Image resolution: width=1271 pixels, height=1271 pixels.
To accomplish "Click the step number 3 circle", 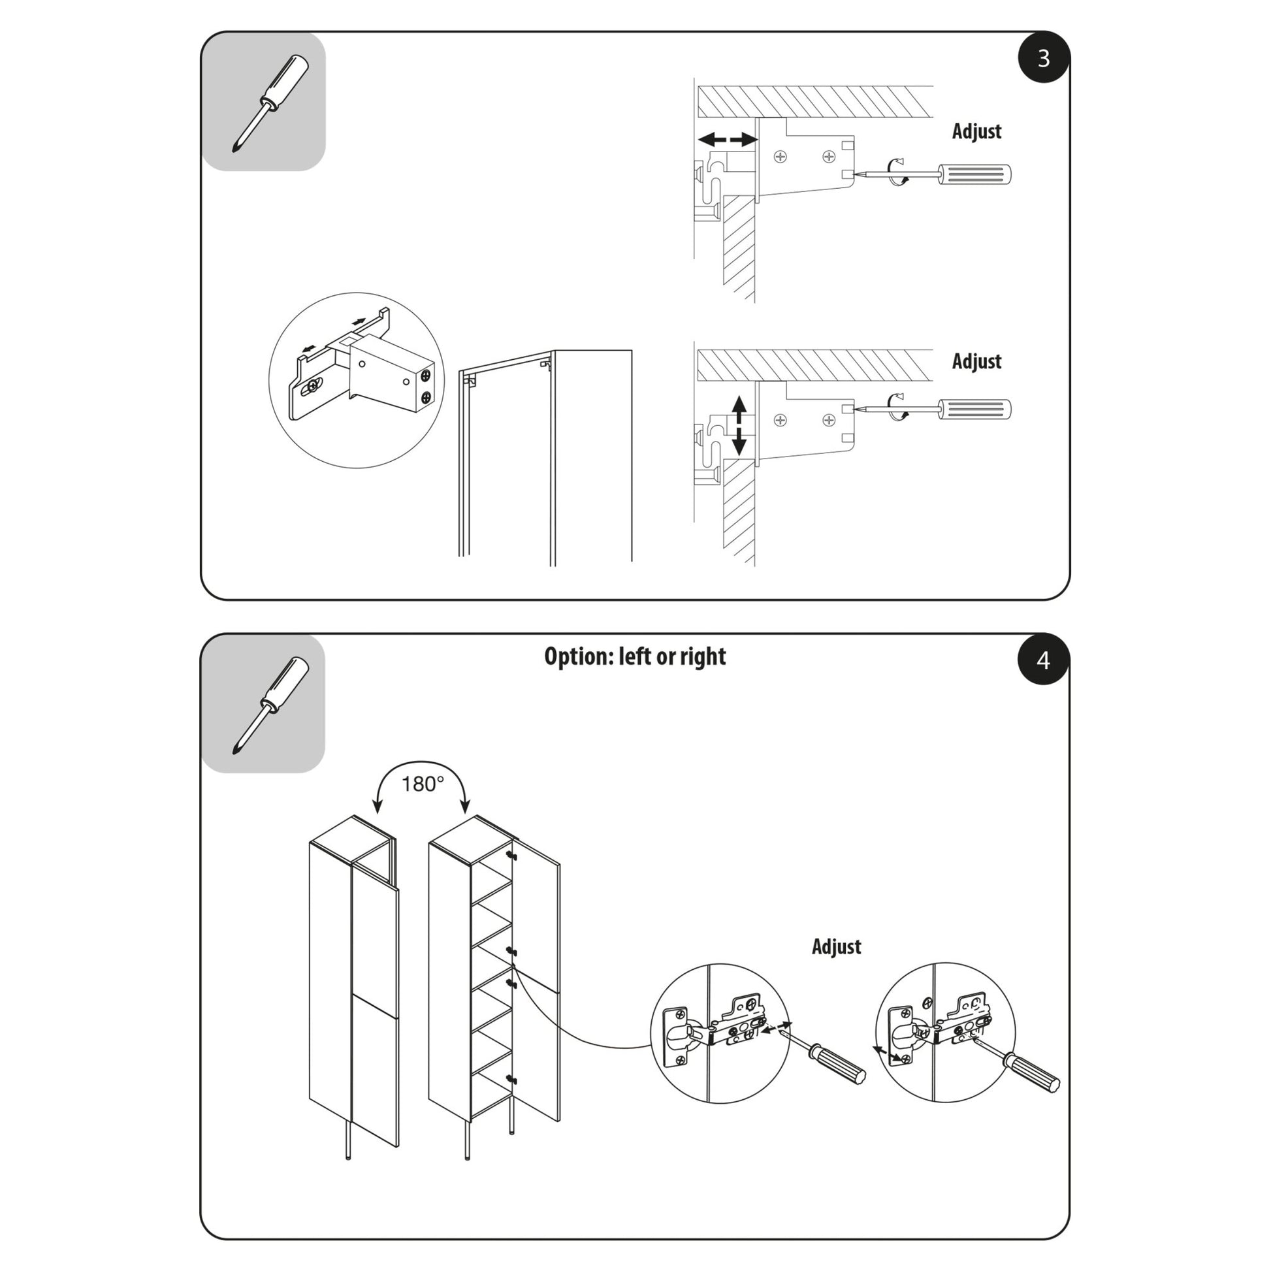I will click(1043, 59).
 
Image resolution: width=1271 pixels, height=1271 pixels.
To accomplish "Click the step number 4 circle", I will click(1043, 660).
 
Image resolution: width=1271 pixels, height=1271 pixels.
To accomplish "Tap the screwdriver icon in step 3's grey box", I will click(270, 103).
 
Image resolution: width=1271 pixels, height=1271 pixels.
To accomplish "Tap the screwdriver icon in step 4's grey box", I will click(270, 705).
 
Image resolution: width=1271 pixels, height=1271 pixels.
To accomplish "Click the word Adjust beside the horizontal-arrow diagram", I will click(976, 131).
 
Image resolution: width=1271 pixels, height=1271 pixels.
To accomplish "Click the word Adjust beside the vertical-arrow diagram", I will click(976, 361).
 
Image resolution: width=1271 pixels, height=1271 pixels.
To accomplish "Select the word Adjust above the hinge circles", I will click(836, 946).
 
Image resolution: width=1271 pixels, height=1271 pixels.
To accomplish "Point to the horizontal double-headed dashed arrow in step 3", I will click(728, 140).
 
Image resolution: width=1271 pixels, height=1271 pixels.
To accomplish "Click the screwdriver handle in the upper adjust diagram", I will click(974, 174).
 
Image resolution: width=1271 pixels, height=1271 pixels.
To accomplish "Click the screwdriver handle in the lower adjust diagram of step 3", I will click(974, 410).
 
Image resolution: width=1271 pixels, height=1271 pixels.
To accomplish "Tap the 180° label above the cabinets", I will click(423, 784).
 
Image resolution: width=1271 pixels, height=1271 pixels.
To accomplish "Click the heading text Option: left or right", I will click(635, 656).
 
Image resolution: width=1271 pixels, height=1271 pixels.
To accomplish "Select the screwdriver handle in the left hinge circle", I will click(839, 1064).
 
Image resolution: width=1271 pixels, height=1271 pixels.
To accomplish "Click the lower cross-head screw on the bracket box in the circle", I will click(426, 398).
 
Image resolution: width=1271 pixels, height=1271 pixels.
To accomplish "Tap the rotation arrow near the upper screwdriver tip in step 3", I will click(897, 172).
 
